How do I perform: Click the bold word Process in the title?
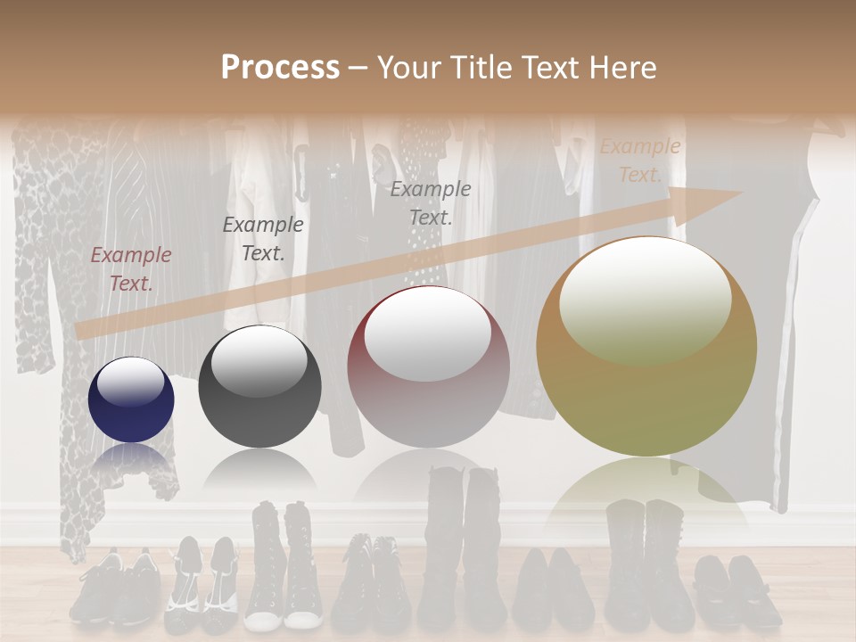click(280, 68)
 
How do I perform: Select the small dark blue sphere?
click(131, 399)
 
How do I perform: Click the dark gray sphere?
click(259, 387)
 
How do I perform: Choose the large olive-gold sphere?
click(646, 347)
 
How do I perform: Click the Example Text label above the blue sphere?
click(131, 269)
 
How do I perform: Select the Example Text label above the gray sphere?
click(263, 239)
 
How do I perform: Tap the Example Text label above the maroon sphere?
click(431, 202)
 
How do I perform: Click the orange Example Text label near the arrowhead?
click(640, 160)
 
